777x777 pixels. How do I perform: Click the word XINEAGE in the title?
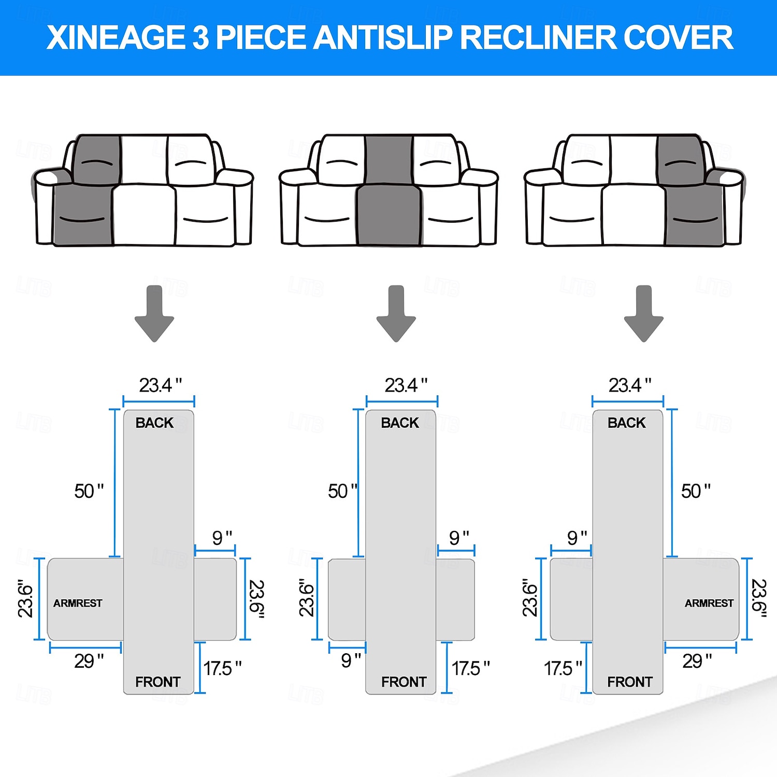[115, 37]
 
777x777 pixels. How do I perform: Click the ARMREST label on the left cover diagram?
[78, 603]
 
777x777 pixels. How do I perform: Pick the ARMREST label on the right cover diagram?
[709, 603]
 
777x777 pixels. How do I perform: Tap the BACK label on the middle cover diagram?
[400, 423]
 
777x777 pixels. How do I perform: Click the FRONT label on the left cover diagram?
[157, 682]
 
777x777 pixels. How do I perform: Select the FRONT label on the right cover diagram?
[629, 682]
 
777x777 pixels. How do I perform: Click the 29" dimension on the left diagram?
[89, 661]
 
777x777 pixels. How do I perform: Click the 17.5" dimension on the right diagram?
[563, 668]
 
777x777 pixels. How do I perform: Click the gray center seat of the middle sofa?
[388, 215]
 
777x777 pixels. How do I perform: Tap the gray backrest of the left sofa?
[97, 160]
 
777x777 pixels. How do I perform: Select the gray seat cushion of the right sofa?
[694, 215]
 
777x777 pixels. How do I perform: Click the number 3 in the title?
[200, 37]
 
